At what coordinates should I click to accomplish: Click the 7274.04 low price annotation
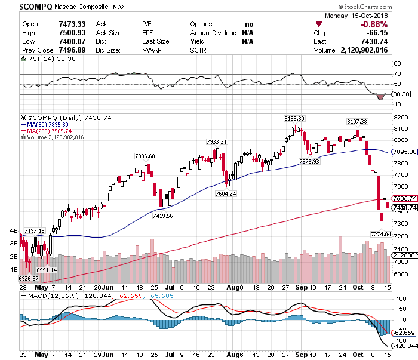pos(381,235)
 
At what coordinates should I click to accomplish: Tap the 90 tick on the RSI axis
pos(396,63)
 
